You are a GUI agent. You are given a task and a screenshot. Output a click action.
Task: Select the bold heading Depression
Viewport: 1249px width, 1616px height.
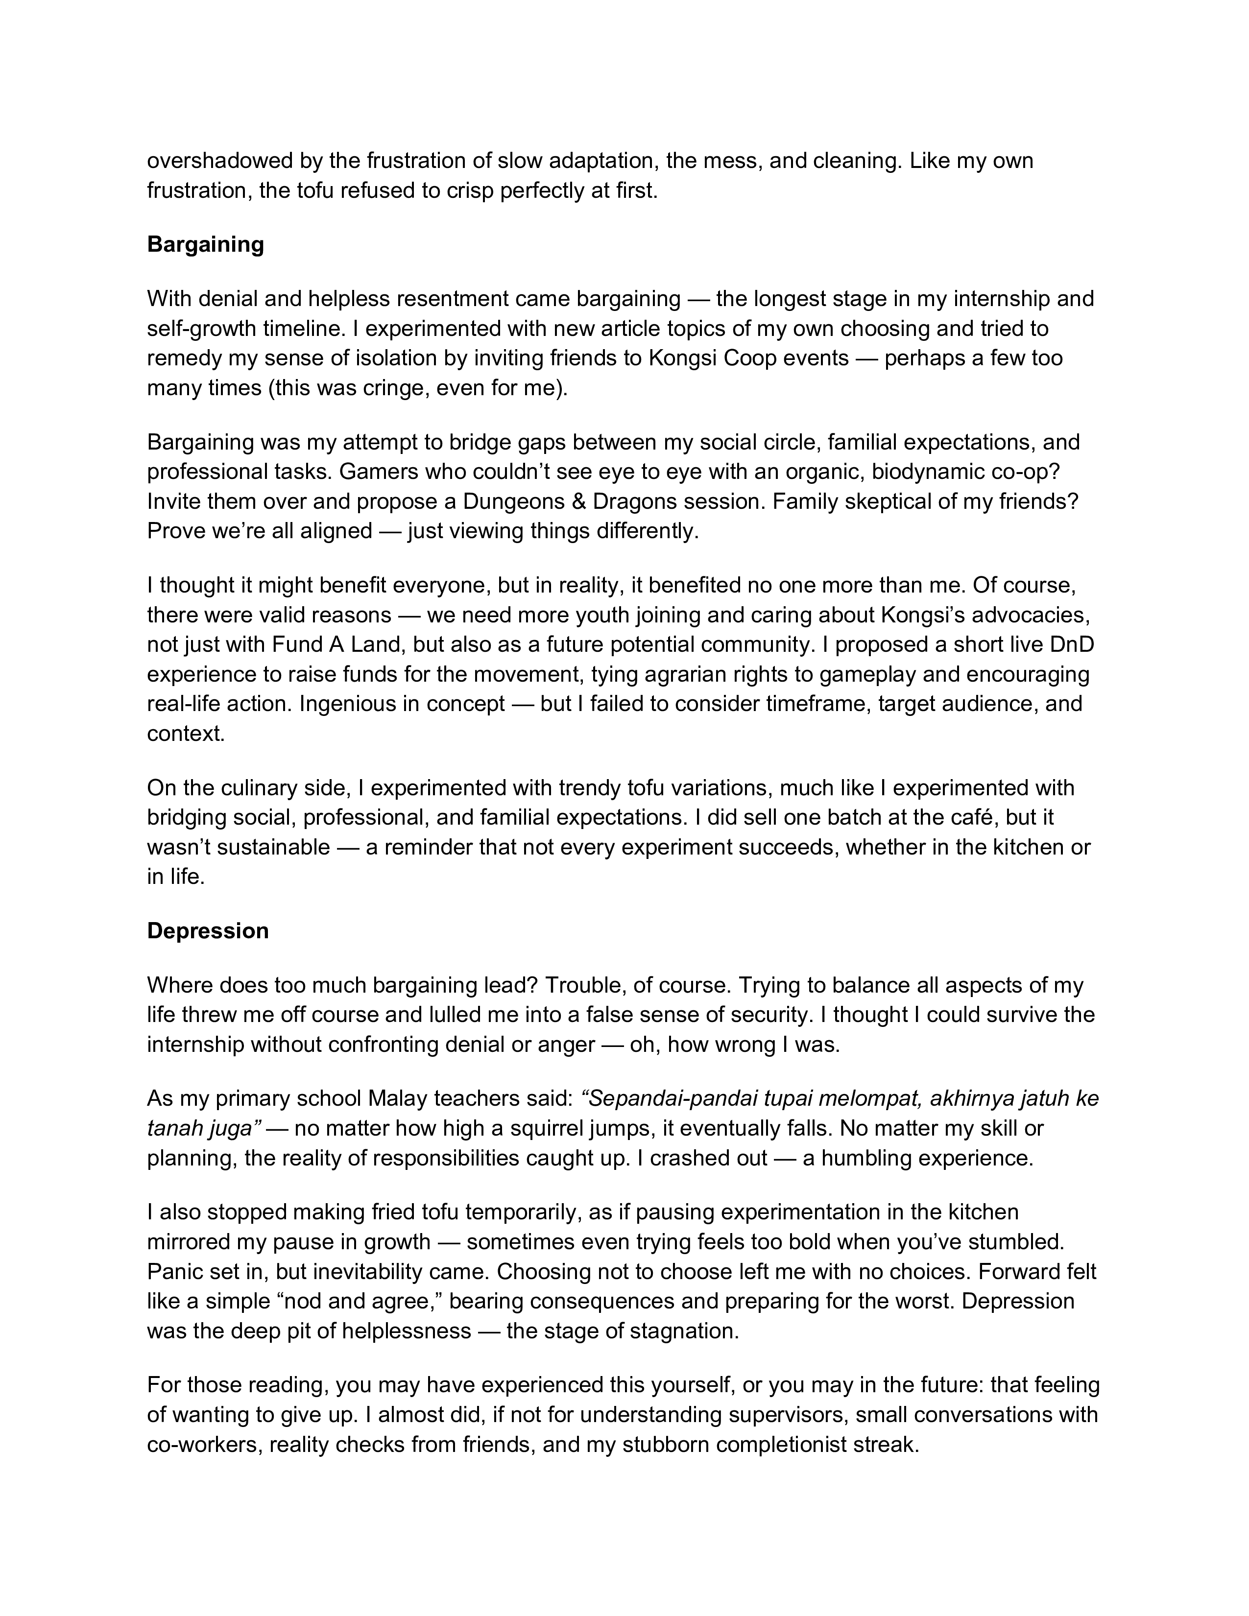[x=208, y=931]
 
